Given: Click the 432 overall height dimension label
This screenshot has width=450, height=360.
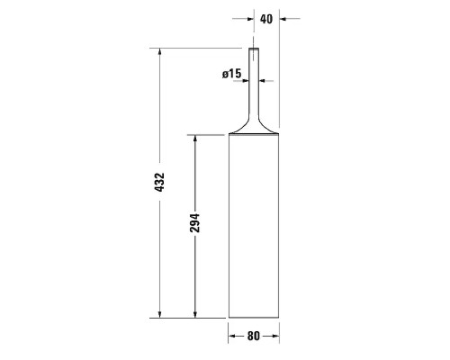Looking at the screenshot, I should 159,183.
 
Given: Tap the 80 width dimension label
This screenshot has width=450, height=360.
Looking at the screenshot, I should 254,337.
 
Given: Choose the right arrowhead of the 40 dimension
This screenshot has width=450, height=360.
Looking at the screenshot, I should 261,17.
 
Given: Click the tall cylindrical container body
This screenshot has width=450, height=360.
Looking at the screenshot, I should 254,225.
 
